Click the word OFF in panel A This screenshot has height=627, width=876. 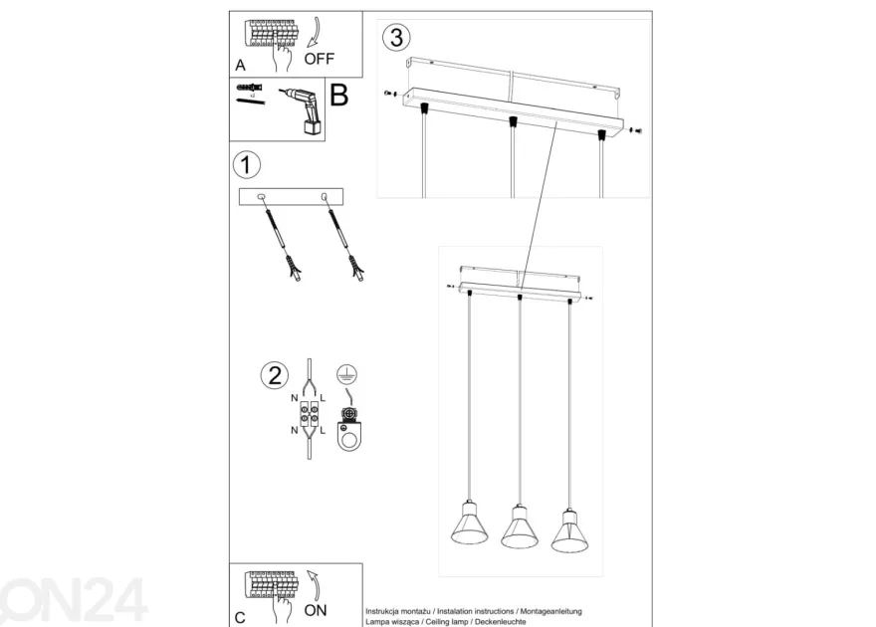pos(319,59)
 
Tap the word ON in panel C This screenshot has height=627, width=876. pos(316,610)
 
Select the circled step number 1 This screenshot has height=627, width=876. pos(246,165)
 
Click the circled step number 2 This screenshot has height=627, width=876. pos(275,375)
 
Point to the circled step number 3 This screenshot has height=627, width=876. pos(396,38)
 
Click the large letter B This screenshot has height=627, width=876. pos(339,95)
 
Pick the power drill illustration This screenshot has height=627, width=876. pos(305,110)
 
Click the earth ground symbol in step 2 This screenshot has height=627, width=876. pos(347,374)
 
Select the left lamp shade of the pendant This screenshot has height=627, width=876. pos(469,524)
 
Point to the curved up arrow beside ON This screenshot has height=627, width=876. pos(315,585)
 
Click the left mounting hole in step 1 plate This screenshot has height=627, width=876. pos(261,196)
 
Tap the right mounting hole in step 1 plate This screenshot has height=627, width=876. pos(324,196)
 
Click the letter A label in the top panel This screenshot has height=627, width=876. pos(240,66)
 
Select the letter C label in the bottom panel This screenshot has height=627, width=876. pos(240,617)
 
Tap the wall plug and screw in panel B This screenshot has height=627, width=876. pos(250,95)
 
